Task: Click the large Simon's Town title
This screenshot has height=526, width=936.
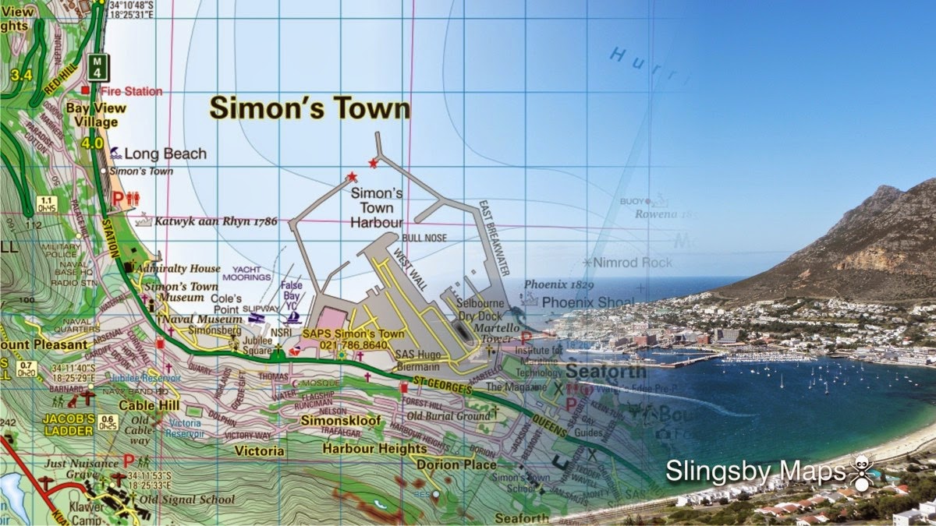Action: [309, 108]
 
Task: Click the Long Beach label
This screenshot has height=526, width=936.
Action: [165, 154]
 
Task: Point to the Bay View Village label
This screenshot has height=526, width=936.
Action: [91, 115]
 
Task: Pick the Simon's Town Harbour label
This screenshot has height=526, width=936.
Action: [376, 208]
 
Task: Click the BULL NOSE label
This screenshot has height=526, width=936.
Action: [424, 238]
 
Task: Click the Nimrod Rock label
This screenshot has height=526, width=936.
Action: [633, 263]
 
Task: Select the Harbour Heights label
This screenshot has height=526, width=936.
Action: [375, 449]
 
